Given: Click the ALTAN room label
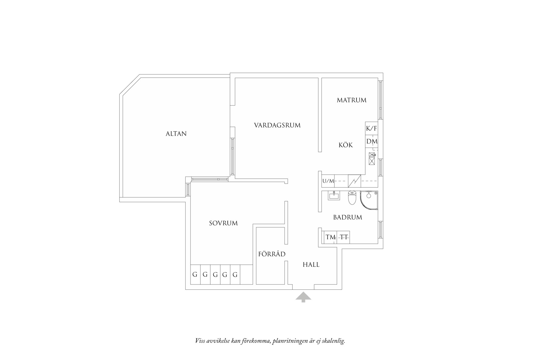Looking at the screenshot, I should coord(176,134).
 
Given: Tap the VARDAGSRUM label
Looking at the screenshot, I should coord(277,125).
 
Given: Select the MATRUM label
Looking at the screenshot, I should coord(351,100).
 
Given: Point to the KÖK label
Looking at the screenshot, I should coord(346,145).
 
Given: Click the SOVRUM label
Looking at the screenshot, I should coord(223,223).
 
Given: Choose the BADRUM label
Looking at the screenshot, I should coord(347,217).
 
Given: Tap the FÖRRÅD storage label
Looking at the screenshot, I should coord(272,254).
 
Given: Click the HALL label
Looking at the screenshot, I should coord(311,265).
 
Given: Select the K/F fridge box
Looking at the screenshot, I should coord(371,128).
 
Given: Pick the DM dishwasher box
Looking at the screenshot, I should coord(371,141).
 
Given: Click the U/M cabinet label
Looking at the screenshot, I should coord(328,181).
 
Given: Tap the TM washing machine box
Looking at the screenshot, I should coord(330,237).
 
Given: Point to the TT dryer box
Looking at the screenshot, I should coord(344,237).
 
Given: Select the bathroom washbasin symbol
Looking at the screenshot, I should coord(334,196).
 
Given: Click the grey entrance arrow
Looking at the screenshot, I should coord(303,297).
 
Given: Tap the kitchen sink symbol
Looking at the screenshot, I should coord(372,158).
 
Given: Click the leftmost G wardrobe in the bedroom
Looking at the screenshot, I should coord(195,275).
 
